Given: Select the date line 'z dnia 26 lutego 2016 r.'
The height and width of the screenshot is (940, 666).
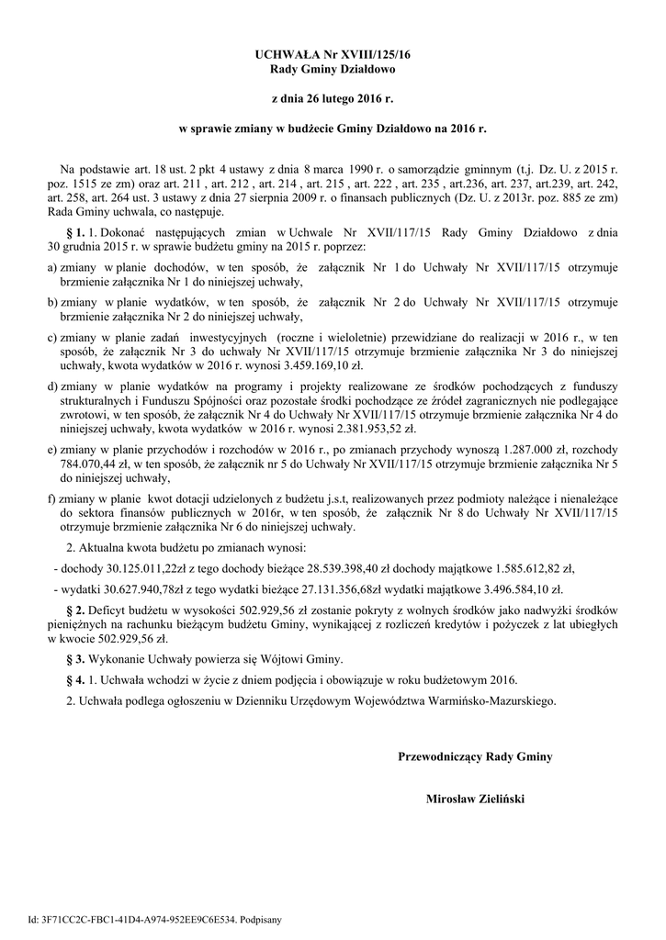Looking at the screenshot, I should (333, 96).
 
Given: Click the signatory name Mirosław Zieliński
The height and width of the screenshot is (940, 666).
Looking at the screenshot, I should (475, 799).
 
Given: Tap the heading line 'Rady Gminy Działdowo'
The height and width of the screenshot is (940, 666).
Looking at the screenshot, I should (333, 70).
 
